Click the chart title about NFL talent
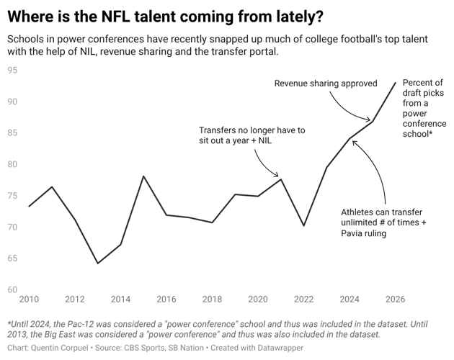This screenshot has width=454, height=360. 165,15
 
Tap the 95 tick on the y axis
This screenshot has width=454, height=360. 12,70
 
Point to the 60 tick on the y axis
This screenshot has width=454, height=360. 12,290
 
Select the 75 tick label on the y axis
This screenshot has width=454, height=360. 12,196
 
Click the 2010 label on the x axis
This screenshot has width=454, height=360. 29,299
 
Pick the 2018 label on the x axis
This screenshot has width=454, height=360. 212,299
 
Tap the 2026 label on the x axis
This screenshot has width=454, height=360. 395,299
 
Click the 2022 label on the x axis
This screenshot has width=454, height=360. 303,299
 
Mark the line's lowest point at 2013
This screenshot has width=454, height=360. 97,264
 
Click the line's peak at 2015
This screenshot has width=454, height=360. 143,176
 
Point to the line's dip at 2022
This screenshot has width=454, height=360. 303,225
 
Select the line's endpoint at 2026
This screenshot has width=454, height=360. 396,82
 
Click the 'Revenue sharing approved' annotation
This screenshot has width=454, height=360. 326,84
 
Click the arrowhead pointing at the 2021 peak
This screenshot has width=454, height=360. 277,176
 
